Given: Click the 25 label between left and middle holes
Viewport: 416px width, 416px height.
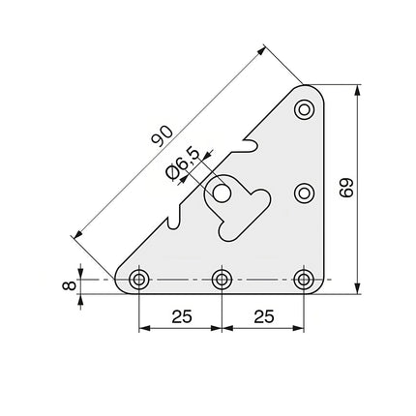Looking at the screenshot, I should click(180, 316).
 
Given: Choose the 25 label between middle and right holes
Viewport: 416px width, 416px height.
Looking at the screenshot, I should click(263, 316).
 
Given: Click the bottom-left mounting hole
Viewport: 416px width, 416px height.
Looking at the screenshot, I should click(139, 281).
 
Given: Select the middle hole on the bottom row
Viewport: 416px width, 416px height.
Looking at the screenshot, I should click(222, 281).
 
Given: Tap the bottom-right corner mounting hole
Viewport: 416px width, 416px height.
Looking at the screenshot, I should click(305, 281).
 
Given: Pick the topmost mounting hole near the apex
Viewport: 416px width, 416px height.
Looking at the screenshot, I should click(305, 108).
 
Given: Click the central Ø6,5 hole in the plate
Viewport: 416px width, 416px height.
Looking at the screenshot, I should click(223, 193).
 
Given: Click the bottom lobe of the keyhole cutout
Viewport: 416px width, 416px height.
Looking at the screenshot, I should click(228, 229).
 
